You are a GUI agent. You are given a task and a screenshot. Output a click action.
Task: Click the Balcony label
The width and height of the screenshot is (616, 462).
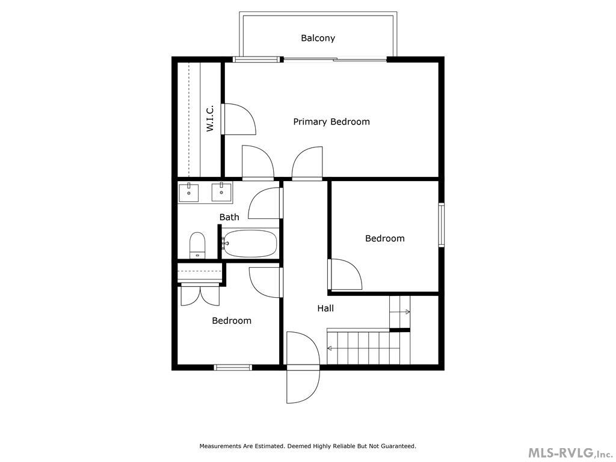click(318, 38)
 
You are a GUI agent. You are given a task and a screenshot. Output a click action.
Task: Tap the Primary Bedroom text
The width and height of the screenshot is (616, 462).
click(331, 122)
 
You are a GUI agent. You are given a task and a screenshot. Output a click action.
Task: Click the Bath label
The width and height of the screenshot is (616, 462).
click(229, 217)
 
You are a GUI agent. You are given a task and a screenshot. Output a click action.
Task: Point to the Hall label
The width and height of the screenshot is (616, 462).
click(325, 308)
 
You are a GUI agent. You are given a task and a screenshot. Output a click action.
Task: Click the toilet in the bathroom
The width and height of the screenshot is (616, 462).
click(197, 245)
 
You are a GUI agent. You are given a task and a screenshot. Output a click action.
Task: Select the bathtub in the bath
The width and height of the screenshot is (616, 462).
click(250, 244)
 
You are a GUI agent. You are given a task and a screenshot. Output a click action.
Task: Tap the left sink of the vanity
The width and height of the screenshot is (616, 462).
click(189, 192)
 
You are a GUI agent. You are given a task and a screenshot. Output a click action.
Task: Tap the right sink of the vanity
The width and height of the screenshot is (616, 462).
click(222, 192)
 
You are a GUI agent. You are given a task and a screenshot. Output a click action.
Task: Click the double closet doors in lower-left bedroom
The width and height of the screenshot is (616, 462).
click(200, 295)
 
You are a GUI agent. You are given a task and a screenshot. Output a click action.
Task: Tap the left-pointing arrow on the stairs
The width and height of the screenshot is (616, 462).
click(331, 348)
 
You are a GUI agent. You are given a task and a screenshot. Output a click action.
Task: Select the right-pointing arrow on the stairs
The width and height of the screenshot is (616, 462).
click(407, 312)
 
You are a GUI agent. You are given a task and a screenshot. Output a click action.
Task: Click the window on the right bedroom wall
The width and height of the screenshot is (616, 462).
click(441, 226)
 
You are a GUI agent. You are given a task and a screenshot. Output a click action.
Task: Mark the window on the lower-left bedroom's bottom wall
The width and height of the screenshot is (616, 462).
click(233, 367)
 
